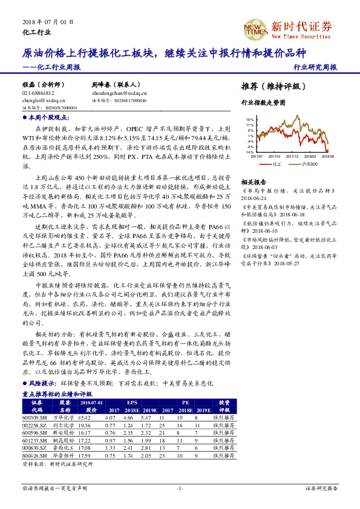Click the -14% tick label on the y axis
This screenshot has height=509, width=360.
pos(249,152)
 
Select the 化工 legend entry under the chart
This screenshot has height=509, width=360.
pos(272,163)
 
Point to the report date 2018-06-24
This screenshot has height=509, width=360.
pos(254,197)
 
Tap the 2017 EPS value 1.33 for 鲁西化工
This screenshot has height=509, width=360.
pos(110,447)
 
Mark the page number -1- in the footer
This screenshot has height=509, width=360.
pos(180,488)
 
